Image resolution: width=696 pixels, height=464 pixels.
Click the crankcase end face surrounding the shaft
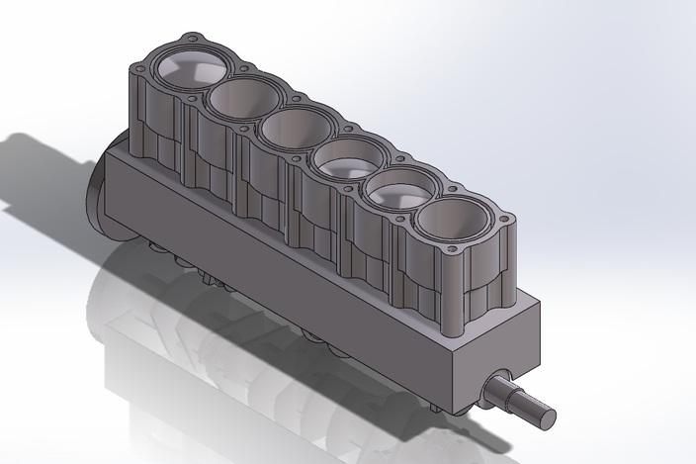pyautogui.click(x=494, y=351)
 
